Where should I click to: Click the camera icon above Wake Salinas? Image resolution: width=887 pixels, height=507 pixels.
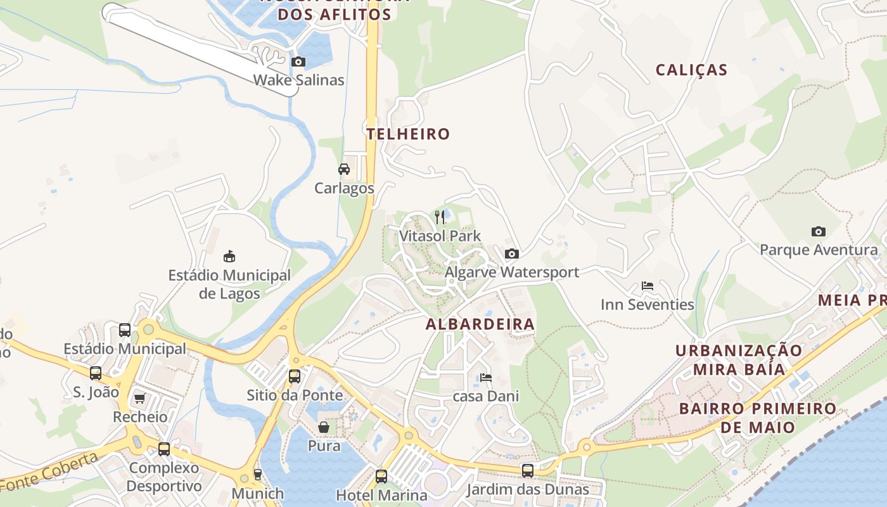coord(298,61)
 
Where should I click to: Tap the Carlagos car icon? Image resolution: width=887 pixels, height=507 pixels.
coord(344,169)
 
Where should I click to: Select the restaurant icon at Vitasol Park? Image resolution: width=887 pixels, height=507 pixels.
coord(440,217)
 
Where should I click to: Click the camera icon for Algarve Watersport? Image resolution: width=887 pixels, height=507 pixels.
coord(511,254)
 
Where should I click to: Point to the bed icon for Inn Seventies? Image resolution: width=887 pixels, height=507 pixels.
coord(647,286)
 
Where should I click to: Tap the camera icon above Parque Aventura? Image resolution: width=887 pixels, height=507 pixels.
coord(819,231)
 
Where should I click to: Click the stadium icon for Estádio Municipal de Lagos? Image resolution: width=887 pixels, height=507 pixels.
coord(229,257)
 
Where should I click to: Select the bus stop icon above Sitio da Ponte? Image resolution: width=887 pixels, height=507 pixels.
coord(295,376)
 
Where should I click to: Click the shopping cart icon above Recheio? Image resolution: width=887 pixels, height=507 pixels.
coord(139,399)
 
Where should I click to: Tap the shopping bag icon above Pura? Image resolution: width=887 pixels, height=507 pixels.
coord(324,427)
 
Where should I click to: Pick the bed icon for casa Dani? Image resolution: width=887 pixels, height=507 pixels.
coord(485,378)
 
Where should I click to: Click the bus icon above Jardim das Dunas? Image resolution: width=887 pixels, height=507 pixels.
coord(527,471)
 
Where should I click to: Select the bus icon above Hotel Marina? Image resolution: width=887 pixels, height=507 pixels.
coord(381,476)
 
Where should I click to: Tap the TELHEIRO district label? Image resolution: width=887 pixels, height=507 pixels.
coord(408,134)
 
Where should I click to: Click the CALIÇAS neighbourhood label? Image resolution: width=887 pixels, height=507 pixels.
coord(691,70)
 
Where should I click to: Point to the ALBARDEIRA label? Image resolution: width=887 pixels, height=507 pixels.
coord(480,324)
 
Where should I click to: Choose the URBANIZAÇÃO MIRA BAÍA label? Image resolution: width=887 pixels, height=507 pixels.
coord(738,360)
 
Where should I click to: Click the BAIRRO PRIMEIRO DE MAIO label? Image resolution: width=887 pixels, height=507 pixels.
coord(757,417)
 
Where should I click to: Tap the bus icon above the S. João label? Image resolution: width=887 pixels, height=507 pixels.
coord(96,373)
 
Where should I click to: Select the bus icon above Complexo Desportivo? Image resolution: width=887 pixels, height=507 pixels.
coord(164,449)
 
